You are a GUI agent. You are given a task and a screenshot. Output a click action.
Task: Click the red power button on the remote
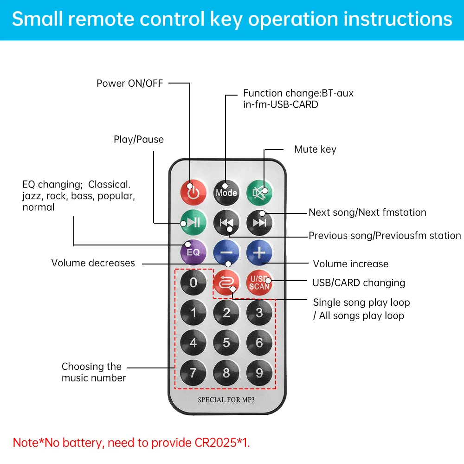click(x=193, y=192)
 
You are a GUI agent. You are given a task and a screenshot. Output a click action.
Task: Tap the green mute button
click(x=259, y=192)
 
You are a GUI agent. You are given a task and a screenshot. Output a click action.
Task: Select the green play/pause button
click(x=193, y=222)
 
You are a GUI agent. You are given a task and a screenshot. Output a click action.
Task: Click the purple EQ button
click(x=193, y=252)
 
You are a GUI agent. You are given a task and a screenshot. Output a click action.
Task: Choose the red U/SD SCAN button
click(x=259, y=283)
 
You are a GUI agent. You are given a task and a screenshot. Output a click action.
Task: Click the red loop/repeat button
click(x=226, y=283)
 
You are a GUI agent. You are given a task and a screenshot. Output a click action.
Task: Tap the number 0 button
click(x=193, y=283)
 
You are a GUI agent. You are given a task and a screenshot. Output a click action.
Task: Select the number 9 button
click(x=259, y=373)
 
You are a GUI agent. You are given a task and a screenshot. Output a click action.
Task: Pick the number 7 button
click(x=193, y=373)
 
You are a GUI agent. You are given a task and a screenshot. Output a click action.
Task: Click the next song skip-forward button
click(x=259, y=222)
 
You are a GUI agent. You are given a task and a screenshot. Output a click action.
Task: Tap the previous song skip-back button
click(x=226, y=222)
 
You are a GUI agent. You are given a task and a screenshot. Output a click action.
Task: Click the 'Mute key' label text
click(x=315, y=149)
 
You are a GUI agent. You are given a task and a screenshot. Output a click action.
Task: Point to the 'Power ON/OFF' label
click(x=130, y=84)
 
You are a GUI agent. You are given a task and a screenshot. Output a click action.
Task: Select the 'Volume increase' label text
click(x=350, y=264)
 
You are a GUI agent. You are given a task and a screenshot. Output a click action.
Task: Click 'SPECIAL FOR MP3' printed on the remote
click(x=226, y=400)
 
